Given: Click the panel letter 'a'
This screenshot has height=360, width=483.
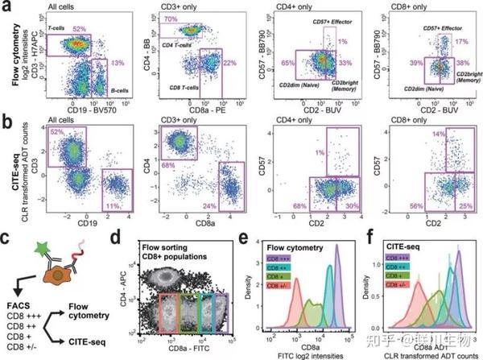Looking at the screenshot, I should [6, 8].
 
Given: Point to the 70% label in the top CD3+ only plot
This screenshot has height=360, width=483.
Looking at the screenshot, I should [170, 19].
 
